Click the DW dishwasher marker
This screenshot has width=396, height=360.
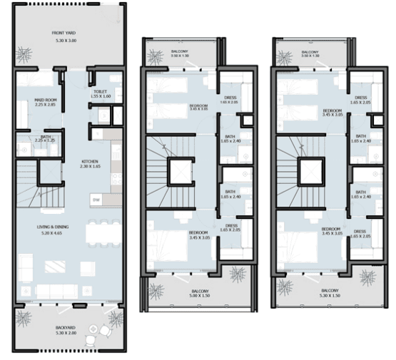tap(95, 199)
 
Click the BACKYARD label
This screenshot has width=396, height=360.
tap(66, 328)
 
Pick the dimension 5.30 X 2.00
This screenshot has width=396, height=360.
tap(66, 334)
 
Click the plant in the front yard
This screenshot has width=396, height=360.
tap(26, 53)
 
